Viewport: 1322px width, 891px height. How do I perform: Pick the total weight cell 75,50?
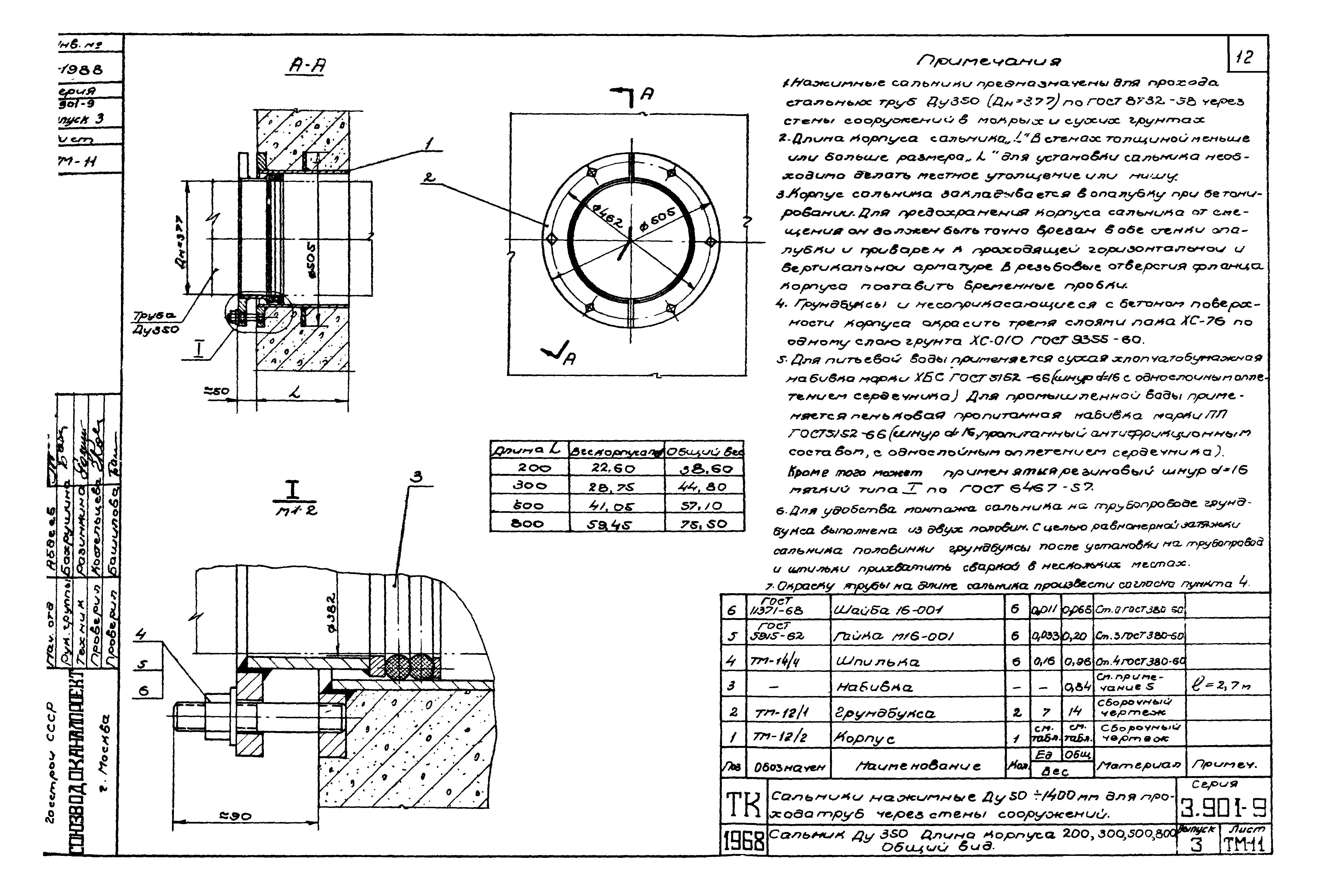704,523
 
